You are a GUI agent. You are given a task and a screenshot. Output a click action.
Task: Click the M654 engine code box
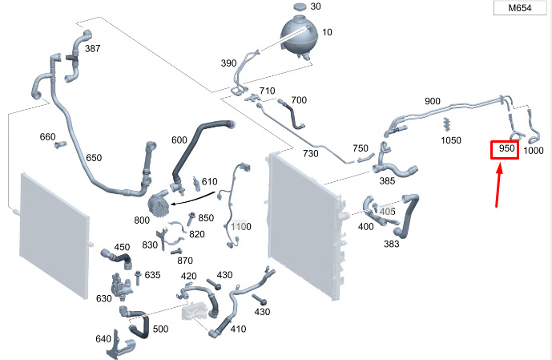point(520,8)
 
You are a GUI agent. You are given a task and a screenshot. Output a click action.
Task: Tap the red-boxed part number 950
point(505,150)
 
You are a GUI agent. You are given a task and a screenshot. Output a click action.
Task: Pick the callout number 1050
point(451,140)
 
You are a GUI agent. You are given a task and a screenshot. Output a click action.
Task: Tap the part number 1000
point(533,151)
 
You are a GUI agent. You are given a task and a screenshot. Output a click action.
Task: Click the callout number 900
point(433,101)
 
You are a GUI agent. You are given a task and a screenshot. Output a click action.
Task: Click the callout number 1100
point(241,226)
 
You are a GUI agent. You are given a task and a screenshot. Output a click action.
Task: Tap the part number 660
point(47,136)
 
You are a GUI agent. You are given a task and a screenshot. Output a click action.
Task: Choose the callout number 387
point(93,49)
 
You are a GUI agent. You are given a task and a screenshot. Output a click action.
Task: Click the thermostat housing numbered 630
point(120,286)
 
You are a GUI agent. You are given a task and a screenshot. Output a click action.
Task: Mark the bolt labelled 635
point(137,277)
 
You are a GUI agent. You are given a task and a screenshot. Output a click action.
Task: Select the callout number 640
point(103,339)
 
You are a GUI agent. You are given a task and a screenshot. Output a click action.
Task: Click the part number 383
point(392,244)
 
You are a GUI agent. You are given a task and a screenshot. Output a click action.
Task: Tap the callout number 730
point(311,154)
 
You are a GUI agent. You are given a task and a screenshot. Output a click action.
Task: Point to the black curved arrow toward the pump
point(193,199)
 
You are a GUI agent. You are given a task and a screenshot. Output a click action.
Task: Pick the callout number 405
point(387,212)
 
